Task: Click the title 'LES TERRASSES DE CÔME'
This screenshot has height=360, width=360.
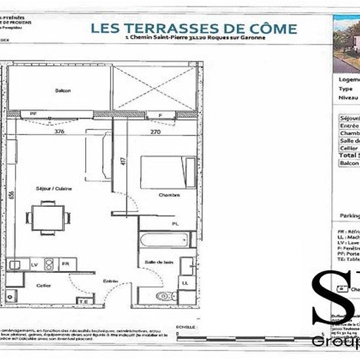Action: point(193,28)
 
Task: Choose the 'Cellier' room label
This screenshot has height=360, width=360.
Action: point(44,285)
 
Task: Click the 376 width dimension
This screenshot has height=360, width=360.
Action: point(60,131)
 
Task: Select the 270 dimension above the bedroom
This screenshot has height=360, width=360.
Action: point(155,131)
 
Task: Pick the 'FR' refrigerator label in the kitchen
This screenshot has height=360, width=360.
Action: point(65,264)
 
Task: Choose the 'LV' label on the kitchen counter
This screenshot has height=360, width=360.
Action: point(34,264)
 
